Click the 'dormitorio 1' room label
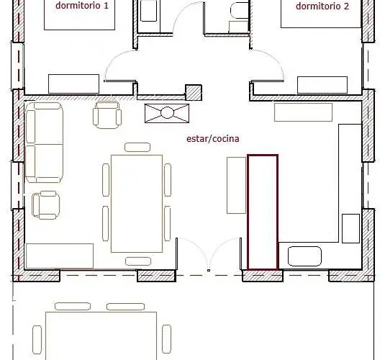tap(82, 6)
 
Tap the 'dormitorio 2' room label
tap(322, 6)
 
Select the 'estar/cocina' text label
tap(212, 139)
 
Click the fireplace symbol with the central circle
tap(167, 113)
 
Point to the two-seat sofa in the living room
tap(44, 143)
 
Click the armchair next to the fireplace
tap(107, 115)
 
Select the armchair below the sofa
tap(46, 205)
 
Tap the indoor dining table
tap(137, 204)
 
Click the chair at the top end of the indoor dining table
tap(137, 147)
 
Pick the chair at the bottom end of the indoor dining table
tap(138, 261)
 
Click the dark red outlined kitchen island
tap(263, 212)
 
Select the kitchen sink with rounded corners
tap(304, 256)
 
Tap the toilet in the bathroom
tap(240, 11)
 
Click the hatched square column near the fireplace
tap(194, 93)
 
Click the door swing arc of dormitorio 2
tap(272, 59)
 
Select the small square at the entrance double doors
tap(209, 270)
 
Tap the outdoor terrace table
tap(101, 336)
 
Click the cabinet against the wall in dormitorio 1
tap(73, 84)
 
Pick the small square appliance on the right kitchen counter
tap(351, 228)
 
